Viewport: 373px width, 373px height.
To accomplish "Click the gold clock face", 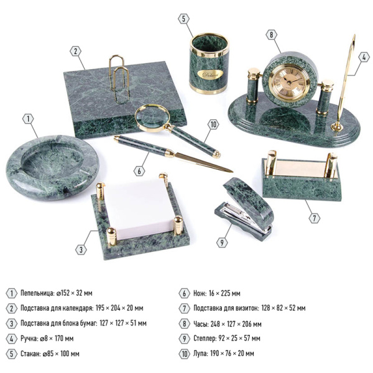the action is [x=290, y=82].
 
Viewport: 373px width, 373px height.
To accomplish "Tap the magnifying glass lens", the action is [x=152, y=117].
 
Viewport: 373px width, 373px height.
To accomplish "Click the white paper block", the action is [x=139, y=209].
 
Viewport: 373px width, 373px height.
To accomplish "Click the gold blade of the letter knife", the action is [x=204, y=162].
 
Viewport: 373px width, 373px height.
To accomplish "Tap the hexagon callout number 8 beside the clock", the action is [x=271, y=35].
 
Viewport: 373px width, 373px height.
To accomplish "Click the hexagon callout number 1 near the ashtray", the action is [x=29, y=119].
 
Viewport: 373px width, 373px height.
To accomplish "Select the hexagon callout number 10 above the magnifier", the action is [x=213, y=124].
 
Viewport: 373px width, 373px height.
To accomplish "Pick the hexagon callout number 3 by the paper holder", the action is [x=81, y=250].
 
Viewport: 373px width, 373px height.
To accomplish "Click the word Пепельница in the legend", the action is [x=37, y=293].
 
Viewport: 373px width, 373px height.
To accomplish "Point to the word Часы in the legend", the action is [x=201, y=324].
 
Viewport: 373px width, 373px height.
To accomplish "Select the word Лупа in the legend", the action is [x=201, y=354].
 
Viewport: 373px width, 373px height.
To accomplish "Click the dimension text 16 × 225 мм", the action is [x=224, y=293].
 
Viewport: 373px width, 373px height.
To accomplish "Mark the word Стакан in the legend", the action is [x=30, y=354].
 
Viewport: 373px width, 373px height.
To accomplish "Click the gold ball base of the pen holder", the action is [x=337, y=126].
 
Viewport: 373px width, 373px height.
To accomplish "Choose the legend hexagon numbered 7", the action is [x=185, y=308].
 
